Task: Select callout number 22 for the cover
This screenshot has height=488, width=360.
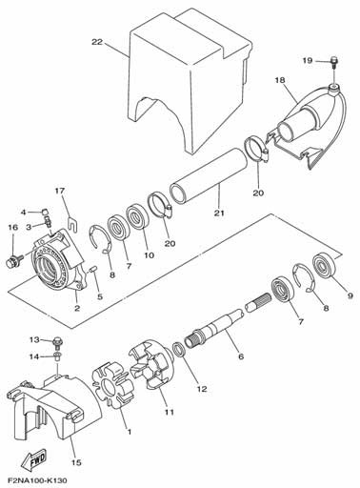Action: click(97, 42)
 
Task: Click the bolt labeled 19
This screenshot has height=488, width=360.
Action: click(333, 62)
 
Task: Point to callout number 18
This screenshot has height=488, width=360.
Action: click(280, 80)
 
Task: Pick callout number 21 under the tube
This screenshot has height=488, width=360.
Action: click(219, 213)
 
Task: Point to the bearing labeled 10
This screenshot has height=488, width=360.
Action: click(137, 217)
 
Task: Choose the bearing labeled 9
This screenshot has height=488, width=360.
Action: click(324, 266)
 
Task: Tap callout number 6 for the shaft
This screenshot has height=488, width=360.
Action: click(241, 356)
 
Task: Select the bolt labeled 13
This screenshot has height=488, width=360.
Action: click(58, 341)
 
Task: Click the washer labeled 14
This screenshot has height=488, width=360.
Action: click(58, 356)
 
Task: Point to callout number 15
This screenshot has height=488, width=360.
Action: click(76, 462)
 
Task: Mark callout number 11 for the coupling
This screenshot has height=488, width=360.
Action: click(170, 412)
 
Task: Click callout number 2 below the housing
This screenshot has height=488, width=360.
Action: click(77, 308)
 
